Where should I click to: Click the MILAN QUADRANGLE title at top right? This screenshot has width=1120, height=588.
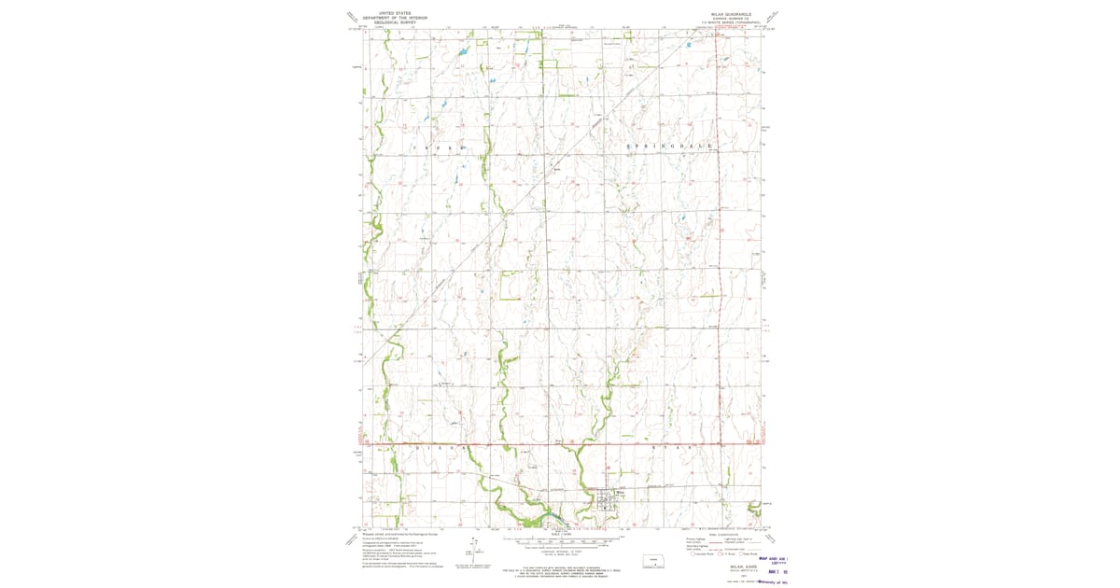pyautogui.click(x=733, y=15)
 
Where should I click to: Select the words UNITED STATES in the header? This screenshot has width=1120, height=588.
pyautogui.click(x=393, y=13)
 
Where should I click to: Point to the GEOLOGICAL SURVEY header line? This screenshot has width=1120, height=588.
pyautogui.click(x=393, y=22)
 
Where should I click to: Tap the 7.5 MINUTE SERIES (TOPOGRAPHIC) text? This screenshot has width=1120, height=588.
pyautogui.click(x=733, y=24)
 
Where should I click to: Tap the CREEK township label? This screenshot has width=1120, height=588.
pyautogui.click(x=434, y=148)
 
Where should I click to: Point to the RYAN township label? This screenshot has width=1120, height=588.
pyautogui.click(x=672, y=449)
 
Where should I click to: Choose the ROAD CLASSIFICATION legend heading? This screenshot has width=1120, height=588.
pyautogui.click(x=723, y=535)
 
